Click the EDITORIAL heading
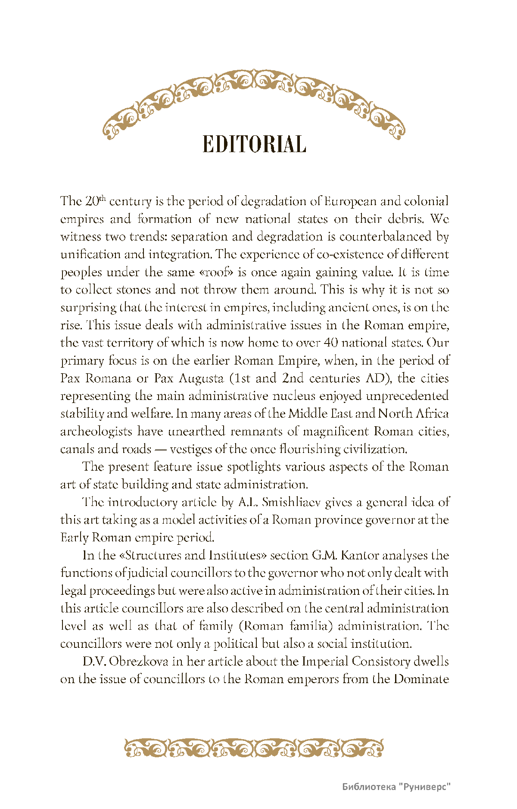click(254, 144)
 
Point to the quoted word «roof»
click(217, 272)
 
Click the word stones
click(134, 290)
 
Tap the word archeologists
click(96, 431)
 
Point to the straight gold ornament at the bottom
click(254, 748)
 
